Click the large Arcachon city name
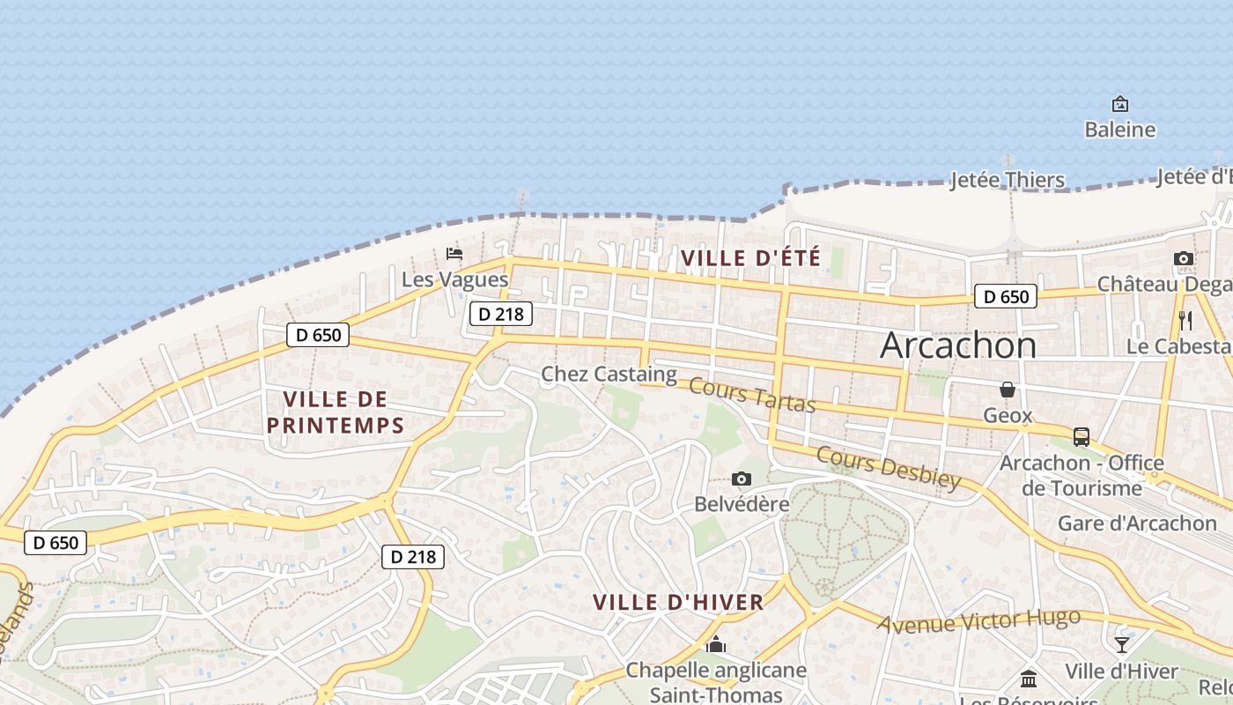pos(958,345)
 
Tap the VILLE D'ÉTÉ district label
pos(751,258)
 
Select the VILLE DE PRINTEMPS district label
pos(335,412)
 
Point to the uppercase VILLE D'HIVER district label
pos(678,603)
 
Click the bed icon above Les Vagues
pos(454,254)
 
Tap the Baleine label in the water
pos(1119,130)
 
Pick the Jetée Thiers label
pos(1008,181)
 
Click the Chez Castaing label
pos(609,375)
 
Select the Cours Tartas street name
pos(752,394)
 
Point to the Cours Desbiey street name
pos(888,467)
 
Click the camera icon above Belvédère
pos(742,479)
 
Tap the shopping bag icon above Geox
pos(1007,390)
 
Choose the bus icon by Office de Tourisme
pos(1081,436)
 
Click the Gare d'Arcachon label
pos(1137,523)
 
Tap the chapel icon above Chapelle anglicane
pos(716,645)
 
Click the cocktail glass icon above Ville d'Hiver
pos(1121,645)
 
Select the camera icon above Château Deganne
pos(1184,258)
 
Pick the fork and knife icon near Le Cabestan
pos(1185,320)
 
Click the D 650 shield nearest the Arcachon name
pos(1006,297)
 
